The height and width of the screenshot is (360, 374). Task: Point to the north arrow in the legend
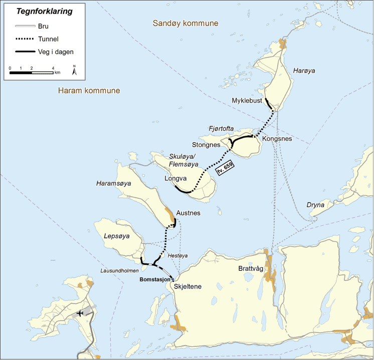point(74,70)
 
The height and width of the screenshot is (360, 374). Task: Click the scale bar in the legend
point(32,73)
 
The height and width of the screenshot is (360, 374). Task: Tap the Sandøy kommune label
point(185,24)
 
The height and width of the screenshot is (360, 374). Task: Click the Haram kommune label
point(89,91)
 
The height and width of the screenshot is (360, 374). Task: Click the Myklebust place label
point(247,101)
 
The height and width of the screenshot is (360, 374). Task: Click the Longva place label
point(175,178)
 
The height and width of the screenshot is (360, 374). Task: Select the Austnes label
point(188,213)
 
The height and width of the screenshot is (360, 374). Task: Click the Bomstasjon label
point(154,279)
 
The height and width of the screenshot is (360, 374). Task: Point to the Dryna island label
point(315,204)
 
